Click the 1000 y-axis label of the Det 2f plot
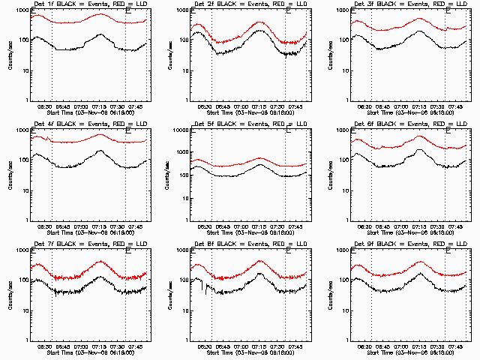[x=180, y=10]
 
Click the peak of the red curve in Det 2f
[x=259, y=22]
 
